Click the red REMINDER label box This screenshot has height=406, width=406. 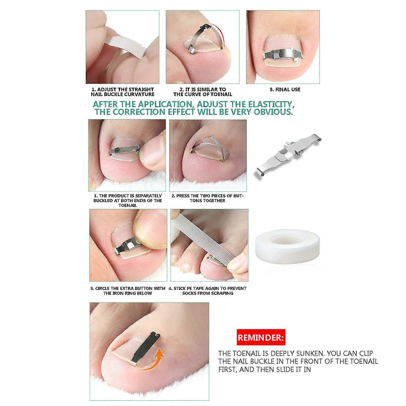pos(261,337)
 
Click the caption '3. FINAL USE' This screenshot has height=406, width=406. pos(285,89)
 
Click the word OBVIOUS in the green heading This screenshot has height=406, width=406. pos(271,112)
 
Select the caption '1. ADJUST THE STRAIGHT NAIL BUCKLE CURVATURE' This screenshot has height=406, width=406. pos(123,92)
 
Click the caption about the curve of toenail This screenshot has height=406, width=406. pos(202,92)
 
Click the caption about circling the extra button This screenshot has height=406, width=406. pos(128,291)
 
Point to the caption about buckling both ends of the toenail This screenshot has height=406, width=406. pos(128,200)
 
